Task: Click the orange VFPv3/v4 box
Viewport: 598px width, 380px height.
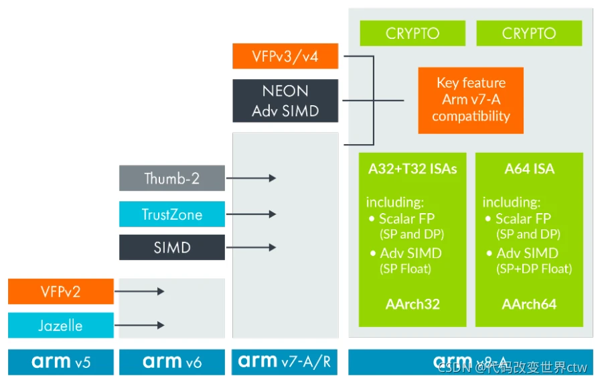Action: pos(285,56)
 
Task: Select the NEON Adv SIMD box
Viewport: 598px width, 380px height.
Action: pos(285,101)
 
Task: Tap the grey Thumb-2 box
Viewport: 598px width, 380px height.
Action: pos(172,178)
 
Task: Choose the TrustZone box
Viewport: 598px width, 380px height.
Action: pos(172,214)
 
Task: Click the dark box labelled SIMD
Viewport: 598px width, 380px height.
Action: pos(172,247)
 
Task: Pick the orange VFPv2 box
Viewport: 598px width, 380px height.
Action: pos(61,292)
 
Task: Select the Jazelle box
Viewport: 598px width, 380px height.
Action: pos(61,326)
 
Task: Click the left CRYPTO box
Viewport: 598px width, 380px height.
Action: pos(412,34)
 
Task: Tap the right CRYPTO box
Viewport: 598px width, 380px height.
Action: pos(529,34)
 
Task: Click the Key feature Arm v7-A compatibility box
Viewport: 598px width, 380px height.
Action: pos(471,100)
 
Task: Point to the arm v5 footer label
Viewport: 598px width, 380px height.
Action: pos(61,363)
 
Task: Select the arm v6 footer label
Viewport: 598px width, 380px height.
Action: pos(172,363)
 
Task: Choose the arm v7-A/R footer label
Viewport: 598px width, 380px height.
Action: pos(285,363)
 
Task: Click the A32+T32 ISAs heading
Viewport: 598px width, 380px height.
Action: pos(413,169)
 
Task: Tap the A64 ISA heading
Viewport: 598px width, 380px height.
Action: pos(529,169)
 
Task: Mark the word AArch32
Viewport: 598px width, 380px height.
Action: pos(413,304)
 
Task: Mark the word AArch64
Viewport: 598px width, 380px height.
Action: pos(529,304)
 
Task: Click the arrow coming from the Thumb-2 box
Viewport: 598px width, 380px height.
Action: pos(251,178)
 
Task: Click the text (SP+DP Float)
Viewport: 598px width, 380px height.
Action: pos(534,269)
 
